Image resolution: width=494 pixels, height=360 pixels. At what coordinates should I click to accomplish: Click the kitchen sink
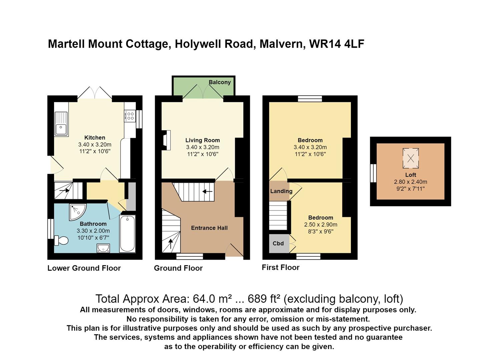coord(61,124)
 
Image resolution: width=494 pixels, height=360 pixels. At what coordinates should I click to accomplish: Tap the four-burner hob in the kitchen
coord(130,116)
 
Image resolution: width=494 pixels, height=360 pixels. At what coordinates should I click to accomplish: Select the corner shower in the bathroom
coord(77,212)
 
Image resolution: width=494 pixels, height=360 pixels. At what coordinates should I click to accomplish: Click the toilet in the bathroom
coord(61,240)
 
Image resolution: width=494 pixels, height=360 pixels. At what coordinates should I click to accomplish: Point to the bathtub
coord(127,233)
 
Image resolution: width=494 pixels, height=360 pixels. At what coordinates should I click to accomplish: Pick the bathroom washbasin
coord(103,248)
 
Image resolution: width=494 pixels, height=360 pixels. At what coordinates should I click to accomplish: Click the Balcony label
coord(220,82)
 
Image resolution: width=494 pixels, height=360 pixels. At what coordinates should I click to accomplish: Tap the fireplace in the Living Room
coord(166,140)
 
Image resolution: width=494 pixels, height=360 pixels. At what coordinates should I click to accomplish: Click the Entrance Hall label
coord(209,228)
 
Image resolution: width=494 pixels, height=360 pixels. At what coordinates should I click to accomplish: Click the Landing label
coord(281,191)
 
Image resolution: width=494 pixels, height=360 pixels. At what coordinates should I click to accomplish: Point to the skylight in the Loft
coord(411,158)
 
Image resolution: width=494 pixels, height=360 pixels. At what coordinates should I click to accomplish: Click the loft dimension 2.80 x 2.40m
coord(410,182)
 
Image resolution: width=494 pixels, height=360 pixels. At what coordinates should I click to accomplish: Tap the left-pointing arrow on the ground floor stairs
coord(207,191)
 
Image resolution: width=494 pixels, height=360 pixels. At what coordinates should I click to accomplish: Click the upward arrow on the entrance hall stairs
coord(171,244)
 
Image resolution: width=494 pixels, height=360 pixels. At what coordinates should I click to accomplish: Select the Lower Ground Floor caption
coord(84,268)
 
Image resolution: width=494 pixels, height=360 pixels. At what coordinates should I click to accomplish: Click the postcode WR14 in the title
coord(325,44)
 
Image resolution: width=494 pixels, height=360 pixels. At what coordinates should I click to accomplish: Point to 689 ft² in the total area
coord(264,299)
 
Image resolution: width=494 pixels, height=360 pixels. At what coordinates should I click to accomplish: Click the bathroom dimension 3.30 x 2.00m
coord(93,231)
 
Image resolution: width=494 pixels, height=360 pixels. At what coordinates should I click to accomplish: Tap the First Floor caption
coord(281,267)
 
